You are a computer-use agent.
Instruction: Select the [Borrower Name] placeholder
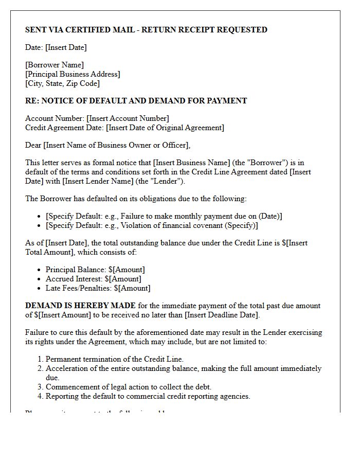pyautogui.click(x=55, y=65)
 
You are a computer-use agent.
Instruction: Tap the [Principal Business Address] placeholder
pyautogui.click(x=73, y=74)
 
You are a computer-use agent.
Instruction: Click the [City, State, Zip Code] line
pyautogui.click(x=62, y=83)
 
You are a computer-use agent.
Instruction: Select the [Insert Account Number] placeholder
pyautogui.click(x=128, y=118)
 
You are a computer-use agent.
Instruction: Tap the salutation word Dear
pyautogui.click(x=33, y=145)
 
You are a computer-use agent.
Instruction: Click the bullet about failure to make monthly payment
pyautogui.click(x=164, y=216)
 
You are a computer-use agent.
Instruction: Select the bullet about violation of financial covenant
pyautogui.click(x=152, y=225)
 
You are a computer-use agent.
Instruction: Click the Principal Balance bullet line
pyautogui.click(x=95, y=270)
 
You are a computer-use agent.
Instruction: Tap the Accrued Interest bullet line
pyautogui.click(x=93, y=279)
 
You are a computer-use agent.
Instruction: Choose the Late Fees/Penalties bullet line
pyautogui.click(x=98, y=288)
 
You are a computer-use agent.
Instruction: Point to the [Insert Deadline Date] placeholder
pyautogui.click(x=222, y=315)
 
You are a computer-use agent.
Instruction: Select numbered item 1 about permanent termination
pyautogui.click(x=114, y=359)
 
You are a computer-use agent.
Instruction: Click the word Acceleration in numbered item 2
pyautogui.click(x=66, y=368)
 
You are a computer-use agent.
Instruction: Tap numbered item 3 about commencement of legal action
pyautogui.click(x=128, y=387)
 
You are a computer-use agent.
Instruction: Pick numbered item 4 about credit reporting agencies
pyautogui.click(x=148, y=396)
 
